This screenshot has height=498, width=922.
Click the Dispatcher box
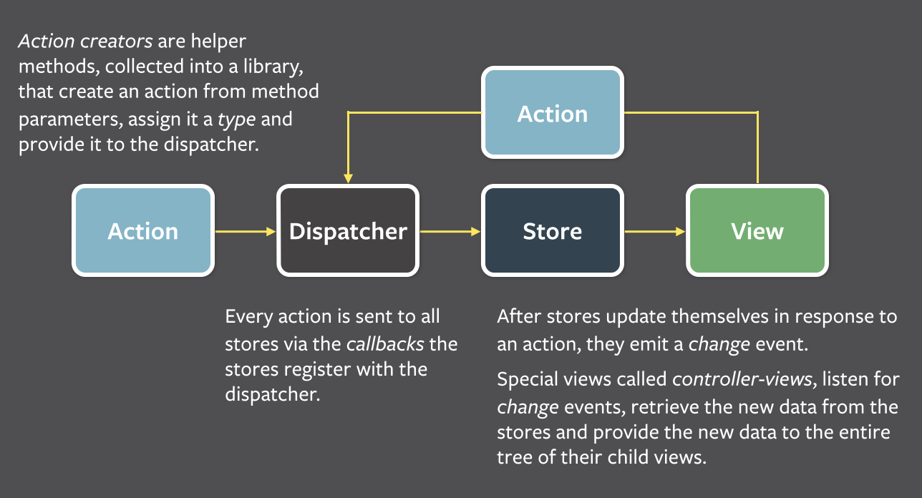348,230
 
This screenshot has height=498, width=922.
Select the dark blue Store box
553,230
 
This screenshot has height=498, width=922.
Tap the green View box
757,230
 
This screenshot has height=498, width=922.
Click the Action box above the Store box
553,112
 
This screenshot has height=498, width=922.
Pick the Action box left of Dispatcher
143,230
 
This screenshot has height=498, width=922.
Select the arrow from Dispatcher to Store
450,232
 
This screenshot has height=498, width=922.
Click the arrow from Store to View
655,232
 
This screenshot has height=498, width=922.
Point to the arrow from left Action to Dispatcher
246,232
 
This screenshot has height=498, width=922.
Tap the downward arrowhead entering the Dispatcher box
348,178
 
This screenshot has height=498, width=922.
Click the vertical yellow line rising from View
758,147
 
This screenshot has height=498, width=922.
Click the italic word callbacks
385,344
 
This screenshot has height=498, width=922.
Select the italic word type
237,120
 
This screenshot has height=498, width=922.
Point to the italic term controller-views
742,379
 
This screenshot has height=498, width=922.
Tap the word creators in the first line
117,41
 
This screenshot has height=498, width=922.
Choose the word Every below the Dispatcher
249,317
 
